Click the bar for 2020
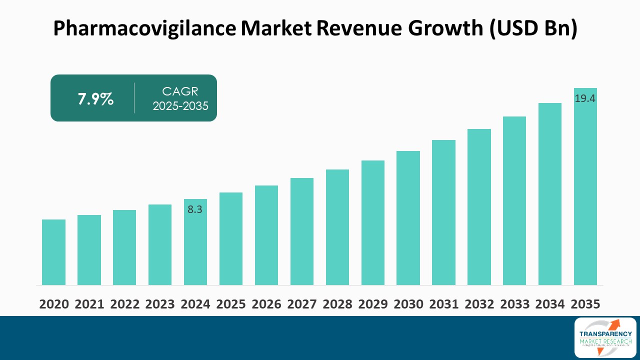53,252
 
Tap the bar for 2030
408,218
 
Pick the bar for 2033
514,200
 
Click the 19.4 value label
585,98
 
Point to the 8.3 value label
195,210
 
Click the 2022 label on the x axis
124,304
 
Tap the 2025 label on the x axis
231,304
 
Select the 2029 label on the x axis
373,304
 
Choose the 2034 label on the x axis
550,304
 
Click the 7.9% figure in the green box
95,99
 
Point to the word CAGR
180,91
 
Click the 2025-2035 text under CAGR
180,106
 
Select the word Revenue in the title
359,29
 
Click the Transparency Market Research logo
605,337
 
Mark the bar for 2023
160,244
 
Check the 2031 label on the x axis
443,304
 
